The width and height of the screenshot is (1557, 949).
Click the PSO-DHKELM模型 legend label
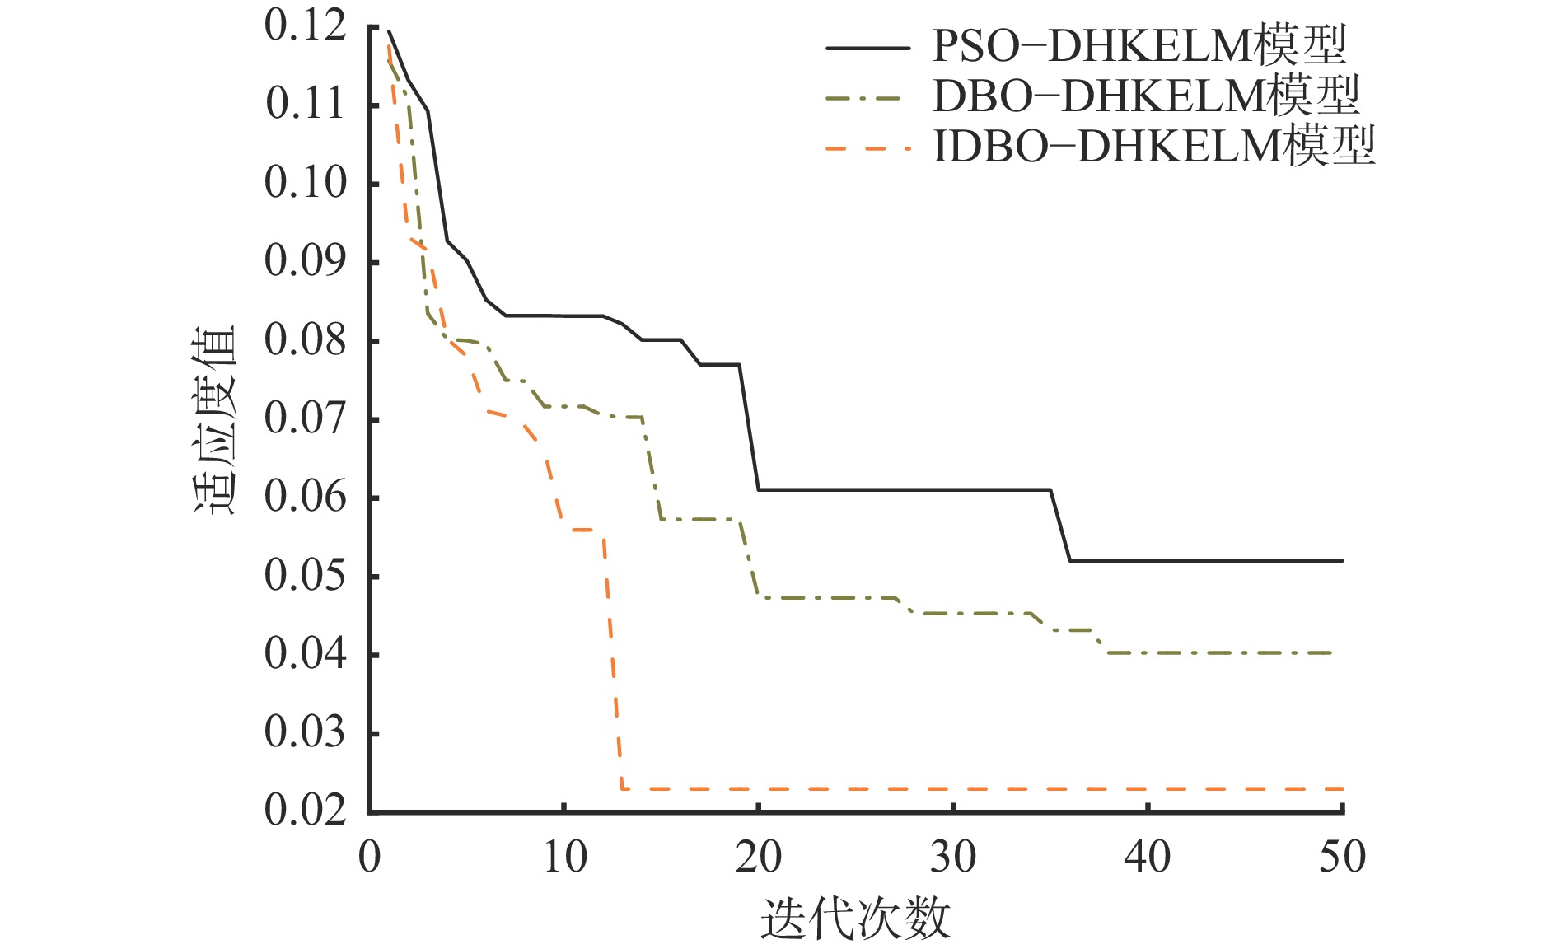tap(1139, 46)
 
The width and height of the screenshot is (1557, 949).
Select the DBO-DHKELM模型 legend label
tap(1146, 97)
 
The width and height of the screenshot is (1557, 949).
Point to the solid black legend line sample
tap(867, 49)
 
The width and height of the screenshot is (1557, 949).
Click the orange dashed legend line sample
tap(867, 149)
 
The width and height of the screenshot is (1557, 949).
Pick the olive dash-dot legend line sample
tap(867, 99)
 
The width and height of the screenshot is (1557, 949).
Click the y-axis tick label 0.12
tap(305, 26)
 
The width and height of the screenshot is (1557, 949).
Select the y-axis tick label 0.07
tap(305, 418)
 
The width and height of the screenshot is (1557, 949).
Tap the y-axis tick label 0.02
tap(305, 811)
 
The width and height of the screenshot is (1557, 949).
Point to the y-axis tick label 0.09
tap(305, 261)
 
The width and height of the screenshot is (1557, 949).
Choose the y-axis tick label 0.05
tap(305, 575)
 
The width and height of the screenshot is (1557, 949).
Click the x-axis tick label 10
tap(564, 858)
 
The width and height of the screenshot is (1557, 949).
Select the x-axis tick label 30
tap(953, 858)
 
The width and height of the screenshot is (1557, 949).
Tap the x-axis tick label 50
tap(1342, 858)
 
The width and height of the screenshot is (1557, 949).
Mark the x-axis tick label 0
tap(370, 858)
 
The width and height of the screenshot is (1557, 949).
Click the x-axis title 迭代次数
tap(855, 919)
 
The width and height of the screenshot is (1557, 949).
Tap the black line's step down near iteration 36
tap(1060, 526)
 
